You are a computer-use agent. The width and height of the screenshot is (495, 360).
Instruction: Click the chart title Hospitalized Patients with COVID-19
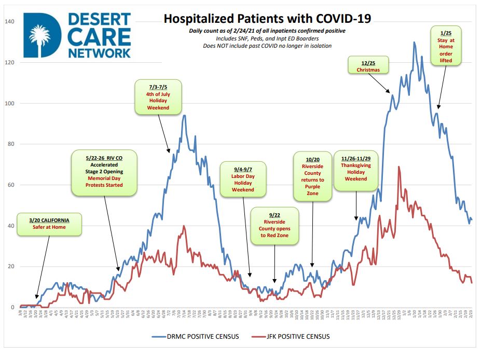pos(267,19)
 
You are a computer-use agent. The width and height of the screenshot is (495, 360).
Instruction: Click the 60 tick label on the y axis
pos(11,185)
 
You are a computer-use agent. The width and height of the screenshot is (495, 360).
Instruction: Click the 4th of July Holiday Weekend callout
pos(159,96)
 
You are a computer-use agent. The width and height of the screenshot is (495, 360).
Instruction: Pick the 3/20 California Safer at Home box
pos(49,224)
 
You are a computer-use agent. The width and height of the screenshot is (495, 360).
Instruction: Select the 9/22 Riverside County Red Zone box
pos(274,226)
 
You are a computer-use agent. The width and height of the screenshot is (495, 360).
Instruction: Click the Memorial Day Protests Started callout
pos(105,173)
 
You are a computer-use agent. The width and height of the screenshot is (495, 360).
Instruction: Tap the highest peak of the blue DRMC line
pos(414,43)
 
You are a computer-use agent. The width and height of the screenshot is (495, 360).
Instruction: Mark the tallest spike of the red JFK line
pos(398,167)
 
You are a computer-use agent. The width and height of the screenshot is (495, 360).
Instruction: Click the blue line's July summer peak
pos(184,116)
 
